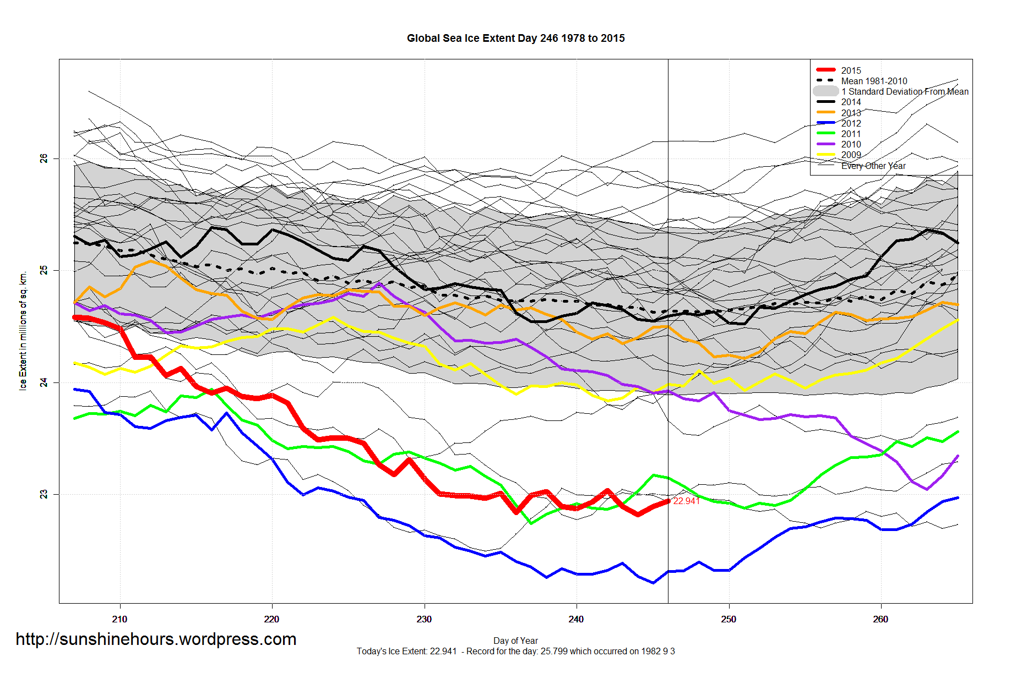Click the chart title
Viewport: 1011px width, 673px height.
(515, 39)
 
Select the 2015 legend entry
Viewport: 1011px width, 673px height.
(851, 70)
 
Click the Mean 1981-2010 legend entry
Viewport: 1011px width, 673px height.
(874, 81)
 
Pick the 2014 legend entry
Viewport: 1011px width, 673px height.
(851, 102)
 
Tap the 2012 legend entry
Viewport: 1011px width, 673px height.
(851, 123)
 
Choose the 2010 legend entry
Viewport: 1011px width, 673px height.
(851, 144)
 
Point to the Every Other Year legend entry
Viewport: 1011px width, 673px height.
(873, 166)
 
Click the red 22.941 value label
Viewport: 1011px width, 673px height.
(687, 501)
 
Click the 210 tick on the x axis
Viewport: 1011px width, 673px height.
(119, 619)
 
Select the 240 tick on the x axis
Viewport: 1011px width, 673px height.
(576, 619)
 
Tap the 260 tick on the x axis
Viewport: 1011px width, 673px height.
(880, 619)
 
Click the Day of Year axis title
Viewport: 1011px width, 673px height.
(515, 641)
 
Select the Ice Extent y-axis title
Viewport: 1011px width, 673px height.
(23, 331)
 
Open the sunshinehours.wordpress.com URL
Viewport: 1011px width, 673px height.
(156, 639)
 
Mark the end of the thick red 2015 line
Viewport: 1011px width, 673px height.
(668, 501)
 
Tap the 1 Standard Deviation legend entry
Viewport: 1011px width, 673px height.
(905, 91)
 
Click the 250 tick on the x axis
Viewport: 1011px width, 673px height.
(729, 619)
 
